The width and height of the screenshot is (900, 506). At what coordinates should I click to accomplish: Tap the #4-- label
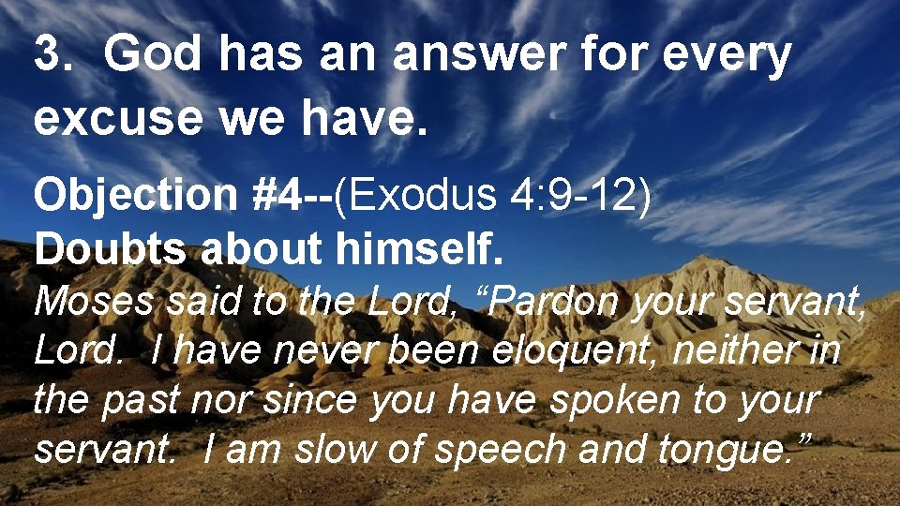pyautogui.click(x=293, y=197)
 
